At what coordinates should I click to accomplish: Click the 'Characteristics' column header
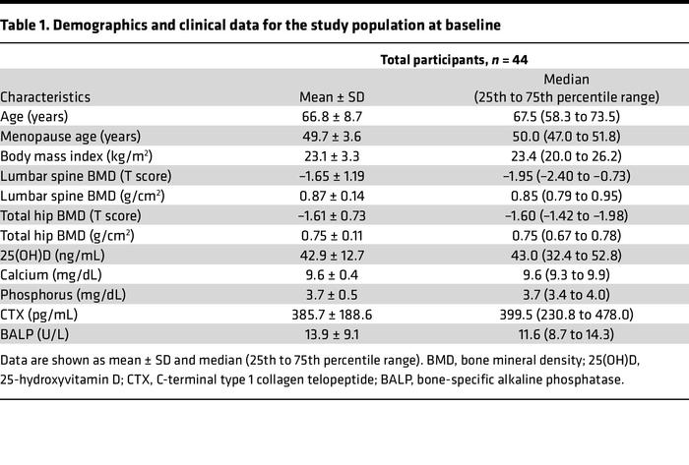(45, 96)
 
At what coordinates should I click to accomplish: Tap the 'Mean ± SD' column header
(336, 96)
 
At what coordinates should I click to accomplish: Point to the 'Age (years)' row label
(36, 116)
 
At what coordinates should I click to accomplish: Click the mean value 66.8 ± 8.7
(336, 116)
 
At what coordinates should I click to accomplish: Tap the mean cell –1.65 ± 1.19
(336, 176)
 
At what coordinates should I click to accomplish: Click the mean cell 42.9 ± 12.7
(336, 256)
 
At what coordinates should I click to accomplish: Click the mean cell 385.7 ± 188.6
(336, 315)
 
